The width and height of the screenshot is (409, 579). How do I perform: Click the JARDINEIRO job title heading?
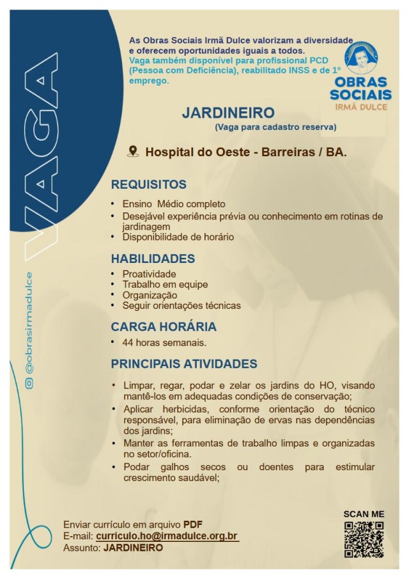pos(228,113)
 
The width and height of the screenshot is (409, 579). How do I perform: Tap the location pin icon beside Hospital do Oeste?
pos(133,152)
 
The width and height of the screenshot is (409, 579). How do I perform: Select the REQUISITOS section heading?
pos(148,185)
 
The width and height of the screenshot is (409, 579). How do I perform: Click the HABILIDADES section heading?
pos(153,259)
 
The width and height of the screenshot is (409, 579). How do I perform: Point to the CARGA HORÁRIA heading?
pos(164,326)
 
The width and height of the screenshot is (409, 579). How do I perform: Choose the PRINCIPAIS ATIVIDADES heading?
pos(184,364)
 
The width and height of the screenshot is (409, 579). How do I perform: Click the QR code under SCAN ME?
pos(364,539)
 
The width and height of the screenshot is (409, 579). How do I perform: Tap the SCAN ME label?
pos(364,514)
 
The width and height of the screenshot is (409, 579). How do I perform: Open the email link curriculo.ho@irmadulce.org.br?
pos(167,535)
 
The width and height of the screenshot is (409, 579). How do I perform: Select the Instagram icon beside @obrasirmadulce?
pos(28,383)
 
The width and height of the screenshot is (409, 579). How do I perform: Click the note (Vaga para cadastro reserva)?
pos(275,127)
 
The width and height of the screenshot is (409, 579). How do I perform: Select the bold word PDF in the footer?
pos(193,525)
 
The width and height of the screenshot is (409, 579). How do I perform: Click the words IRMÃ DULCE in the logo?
pos(361,107)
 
